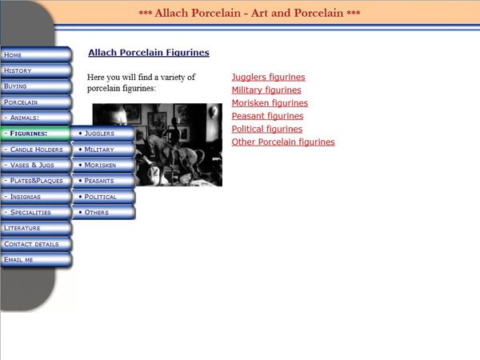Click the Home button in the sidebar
[36, 55]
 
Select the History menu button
[36, 70]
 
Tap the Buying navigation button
[36, 86]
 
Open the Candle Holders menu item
[36, 150]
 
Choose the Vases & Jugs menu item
[36, 165]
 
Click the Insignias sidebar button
[36, 197]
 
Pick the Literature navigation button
[36, 228]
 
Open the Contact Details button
[36, 244]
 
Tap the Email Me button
[36, 260]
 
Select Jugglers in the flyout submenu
[104, 134]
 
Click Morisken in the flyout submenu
[104, 165]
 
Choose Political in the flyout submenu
[104, 197]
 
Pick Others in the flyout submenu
[104, 212]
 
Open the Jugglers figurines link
[269, 77]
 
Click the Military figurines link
[266, 90]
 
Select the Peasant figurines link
[267, 116]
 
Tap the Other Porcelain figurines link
[283, 142]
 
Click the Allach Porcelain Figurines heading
[149, 53]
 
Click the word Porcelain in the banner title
[216, 13]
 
